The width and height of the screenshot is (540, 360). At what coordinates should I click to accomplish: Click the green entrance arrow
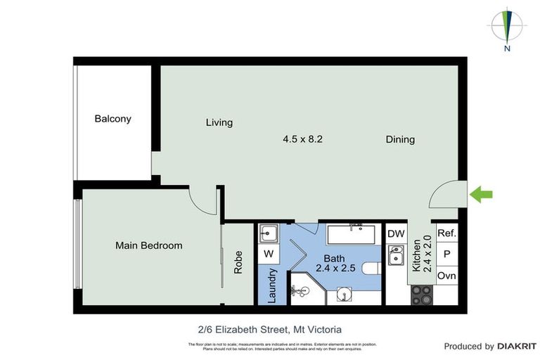481,195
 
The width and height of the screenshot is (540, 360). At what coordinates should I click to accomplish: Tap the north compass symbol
506,27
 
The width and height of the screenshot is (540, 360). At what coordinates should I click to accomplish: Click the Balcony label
112,119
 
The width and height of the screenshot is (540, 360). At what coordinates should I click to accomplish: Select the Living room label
219,122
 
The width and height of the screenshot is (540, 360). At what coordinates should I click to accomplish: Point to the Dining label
400,139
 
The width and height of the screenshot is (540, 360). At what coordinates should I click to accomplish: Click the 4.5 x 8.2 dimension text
302,139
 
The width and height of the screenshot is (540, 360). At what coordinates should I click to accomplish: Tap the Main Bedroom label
148,245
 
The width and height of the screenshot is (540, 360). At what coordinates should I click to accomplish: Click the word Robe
238,262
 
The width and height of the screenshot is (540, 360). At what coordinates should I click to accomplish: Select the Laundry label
272,285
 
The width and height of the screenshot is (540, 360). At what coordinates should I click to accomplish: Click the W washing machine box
269,253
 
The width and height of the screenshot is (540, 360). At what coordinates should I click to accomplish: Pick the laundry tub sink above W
269,233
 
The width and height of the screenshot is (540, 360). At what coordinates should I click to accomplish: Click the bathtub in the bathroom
353,233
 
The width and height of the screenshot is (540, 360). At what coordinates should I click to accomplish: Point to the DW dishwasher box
395,233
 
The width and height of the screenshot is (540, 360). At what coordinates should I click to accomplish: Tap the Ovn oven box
446,276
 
